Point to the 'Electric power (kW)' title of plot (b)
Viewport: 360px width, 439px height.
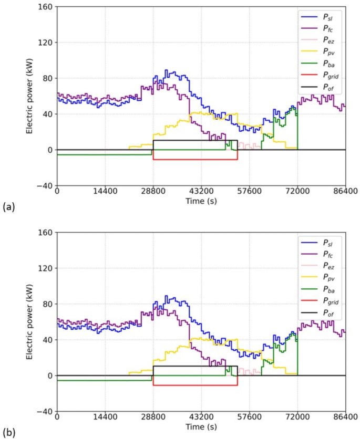(x=31, y=322)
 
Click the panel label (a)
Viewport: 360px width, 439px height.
(x=8, y=207)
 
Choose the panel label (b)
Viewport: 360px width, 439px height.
(x=8, y=433)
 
